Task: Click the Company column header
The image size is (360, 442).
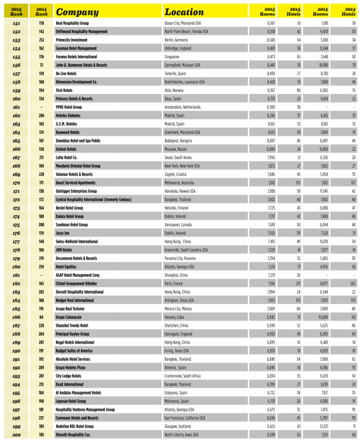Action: pyautogui.click(x=77, y=11)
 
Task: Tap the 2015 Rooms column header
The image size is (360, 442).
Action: pyautogui.click(x=267, y=11)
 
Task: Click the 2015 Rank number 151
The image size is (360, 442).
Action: pyautogui.click(x=15, y=22)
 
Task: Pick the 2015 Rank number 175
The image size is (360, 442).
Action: pyautogui.click(x=15, y=223)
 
